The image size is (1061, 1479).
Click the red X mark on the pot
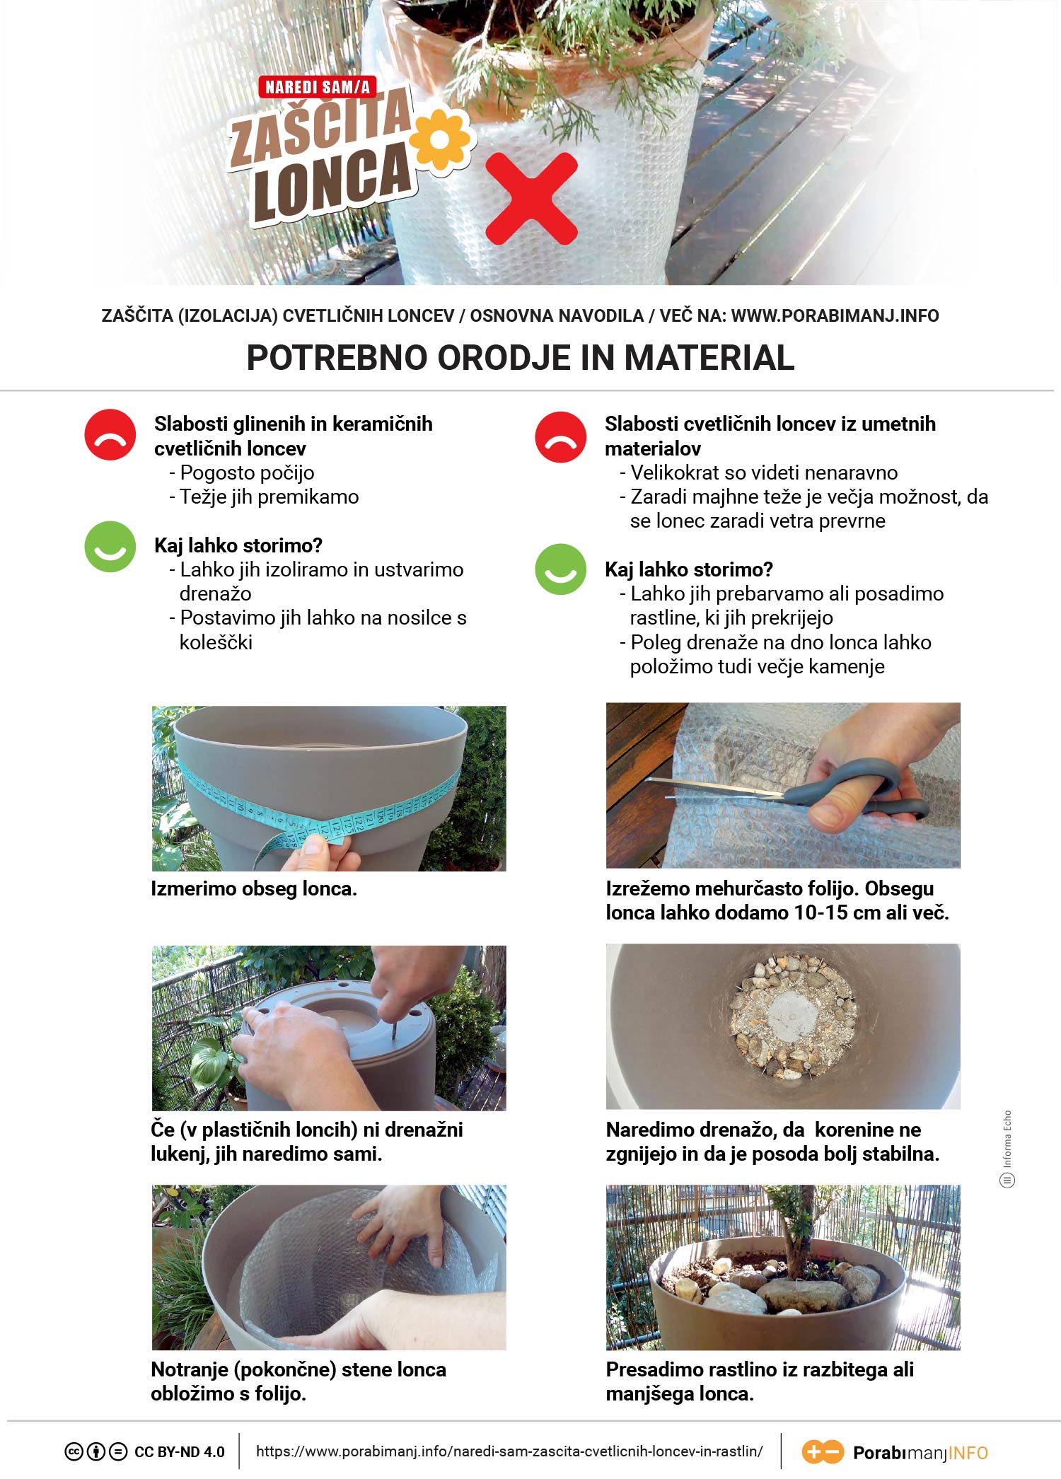click(x=532, y=199)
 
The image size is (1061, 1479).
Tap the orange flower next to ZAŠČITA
click(x=440, y=140)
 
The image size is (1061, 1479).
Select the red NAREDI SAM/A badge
click(x=318, y=87)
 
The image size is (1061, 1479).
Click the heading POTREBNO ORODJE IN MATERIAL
click(x=521, y=357)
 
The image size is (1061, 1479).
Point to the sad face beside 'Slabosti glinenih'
click(x=110, y=435)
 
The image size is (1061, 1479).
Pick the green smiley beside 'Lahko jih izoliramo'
click(x=110, y=546)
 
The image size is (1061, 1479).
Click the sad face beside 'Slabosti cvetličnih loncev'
click(x=561, y=437)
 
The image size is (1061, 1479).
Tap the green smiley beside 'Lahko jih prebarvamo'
click(x=561, y=569)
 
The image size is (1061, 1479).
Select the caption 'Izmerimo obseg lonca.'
click(x=254, y=889)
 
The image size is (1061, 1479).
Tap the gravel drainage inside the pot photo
click(x=792, y=1019)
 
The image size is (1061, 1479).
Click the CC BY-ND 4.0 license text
click(x=180, y=1452)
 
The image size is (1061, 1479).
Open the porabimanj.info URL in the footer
click(x=509, y=1451)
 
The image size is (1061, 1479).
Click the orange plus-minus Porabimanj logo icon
click(x=823, y=1452)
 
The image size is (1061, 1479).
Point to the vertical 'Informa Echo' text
click(x=1007, y=1139)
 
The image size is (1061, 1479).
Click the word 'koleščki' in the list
click(x=216, y=642)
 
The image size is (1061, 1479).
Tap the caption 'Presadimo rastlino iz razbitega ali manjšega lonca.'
click(x=760, y=1381)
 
